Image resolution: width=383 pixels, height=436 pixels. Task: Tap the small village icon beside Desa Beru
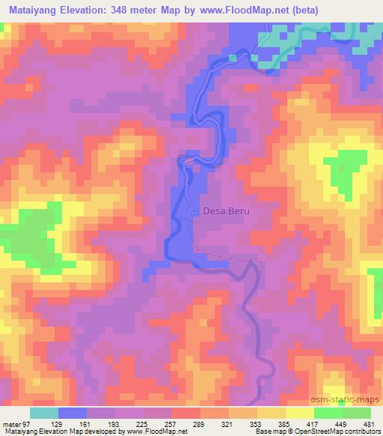193,213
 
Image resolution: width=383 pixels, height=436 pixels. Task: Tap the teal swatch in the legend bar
44,413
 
